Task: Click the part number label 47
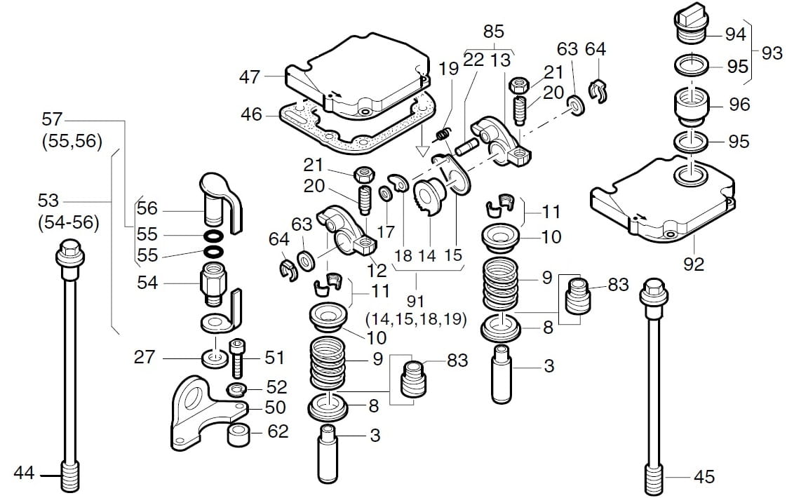tap(250, 77)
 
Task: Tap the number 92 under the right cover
tap(693, 264)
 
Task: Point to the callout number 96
tap(739, 105)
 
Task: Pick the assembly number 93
tap(772, 53)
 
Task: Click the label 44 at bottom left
tap(24, 473)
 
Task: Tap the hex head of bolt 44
tap(68, 249)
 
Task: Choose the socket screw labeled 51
tap(237, 357)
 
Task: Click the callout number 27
tap(144, 357)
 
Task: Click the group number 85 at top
tap(494, 32)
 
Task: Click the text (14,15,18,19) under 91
tap(416, 319)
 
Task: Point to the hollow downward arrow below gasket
tap(422, 149)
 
